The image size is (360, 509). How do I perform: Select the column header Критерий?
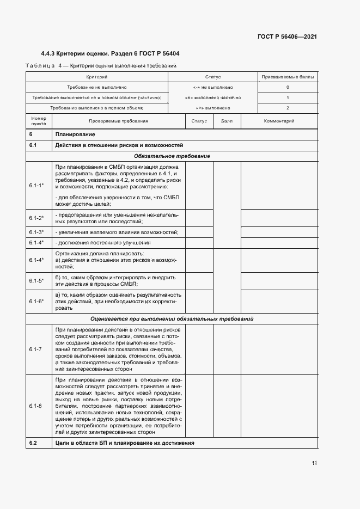pyautogui.click(x=96, y=77)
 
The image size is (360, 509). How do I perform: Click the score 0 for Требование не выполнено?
pyautogui.click(x=288, y=87)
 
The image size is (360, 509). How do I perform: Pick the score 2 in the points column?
pyautogui.click(x=288, y=108)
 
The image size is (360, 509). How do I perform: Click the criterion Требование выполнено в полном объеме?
pyautogui.click(x=96, y=108)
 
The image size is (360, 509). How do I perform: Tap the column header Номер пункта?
pyautogui.click(x=39, y=121)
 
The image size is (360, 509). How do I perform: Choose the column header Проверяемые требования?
pyautogui.click(x=118, y=121)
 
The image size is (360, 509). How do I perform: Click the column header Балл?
pyautogui.click(x=226, y=121)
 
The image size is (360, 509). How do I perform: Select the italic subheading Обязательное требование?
pyautogui.click(x=172, y=156)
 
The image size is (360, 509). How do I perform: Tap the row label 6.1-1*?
pyautogui.click(x=36, y=186)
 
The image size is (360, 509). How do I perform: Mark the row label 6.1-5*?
pyautogui.click(x=36, y=281)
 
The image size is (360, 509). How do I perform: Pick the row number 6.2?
pyautogui.click(x=33, y=443)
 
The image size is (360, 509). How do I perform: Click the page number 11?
pyautogui.click(x=314, y=463)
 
